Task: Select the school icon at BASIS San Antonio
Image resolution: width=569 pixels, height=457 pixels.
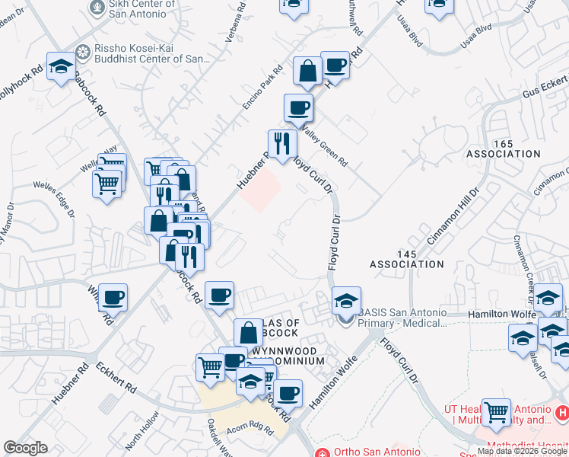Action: [x=346, y=300]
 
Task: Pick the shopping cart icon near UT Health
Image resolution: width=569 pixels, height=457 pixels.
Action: [x=496, y=413]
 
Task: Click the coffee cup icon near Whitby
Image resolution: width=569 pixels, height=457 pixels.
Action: [x=113, y=297]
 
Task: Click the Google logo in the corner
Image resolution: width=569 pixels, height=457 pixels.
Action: [x=24, y=448]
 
